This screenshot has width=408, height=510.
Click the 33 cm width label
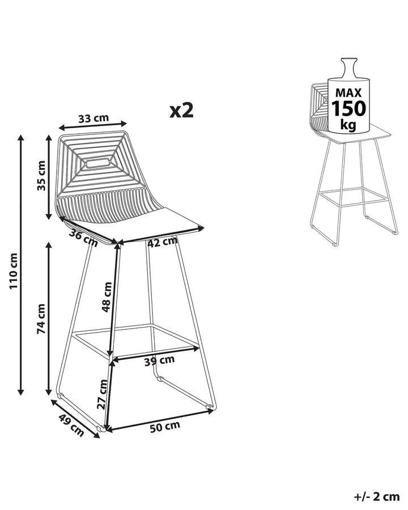(x=93, y=119)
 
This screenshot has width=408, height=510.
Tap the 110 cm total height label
(x=14, y=270)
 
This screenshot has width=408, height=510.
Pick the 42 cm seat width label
(x=163, y=242)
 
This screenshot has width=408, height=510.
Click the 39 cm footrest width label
(x=159, y=360)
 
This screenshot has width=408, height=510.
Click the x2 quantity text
(x=181, y=110)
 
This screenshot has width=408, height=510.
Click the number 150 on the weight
(x=348, y=108)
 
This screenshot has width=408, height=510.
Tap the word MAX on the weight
(x=348, y=92)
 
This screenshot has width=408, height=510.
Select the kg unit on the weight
(x=348, y=125)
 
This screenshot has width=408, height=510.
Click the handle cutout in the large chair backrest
(x=97, y=163)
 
